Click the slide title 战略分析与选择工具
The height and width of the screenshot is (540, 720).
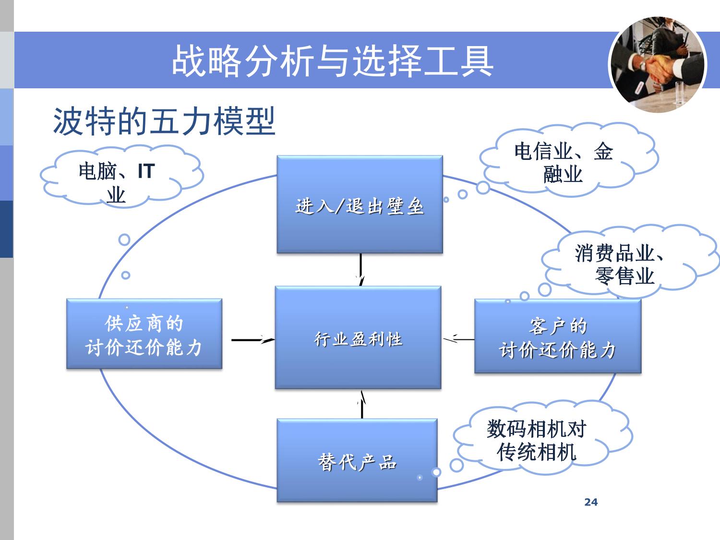click(333, 61)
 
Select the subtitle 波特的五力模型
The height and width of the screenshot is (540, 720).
click(164, 121)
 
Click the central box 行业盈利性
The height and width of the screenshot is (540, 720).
click(358, 338)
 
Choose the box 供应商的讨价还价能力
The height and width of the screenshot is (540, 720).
click(144, 334)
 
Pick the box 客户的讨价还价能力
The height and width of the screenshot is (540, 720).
click(558, 336)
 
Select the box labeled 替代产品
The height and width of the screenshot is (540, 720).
click(357, 461)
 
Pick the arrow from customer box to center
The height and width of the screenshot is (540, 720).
click(458, 339)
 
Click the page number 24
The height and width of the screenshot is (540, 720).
click(591, 502)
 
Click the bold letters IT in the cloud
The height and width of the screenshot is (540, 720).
click(146, 171)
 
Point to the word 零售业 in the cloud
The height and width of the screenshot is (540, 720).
click(625, 276)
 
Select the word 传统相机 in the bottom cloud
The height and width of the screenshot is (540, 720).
click(537, 452)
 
